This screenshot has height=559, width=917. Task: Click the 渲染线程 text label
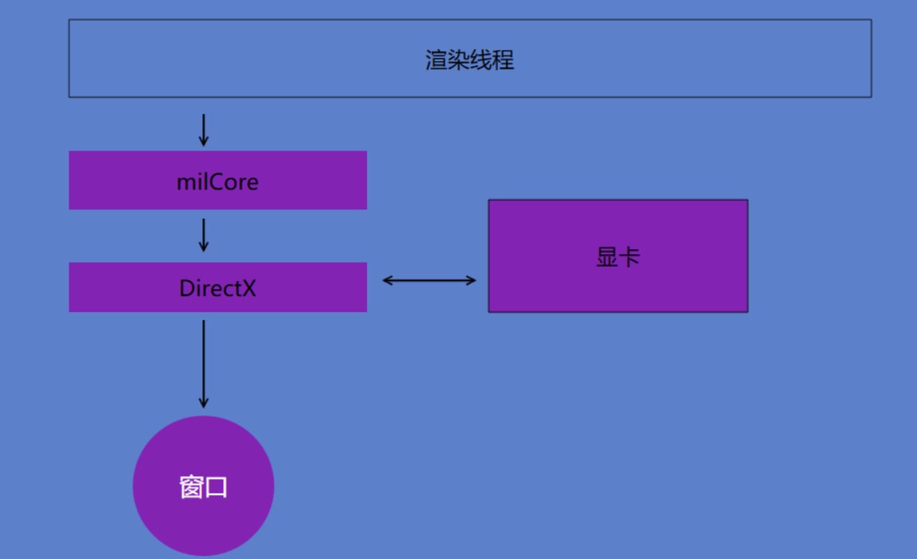point(470,61)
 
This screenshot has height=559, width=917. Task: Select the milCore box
point(218,180)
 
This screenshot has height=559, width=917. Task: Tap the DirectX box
point(218,287)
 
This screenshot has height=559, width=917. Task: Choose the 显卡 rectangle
point(618,256)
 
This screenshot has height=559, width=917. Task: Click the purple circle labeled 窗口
point(203,486)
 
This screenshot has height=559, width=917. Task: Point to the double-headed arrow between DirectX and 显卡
point(429,280)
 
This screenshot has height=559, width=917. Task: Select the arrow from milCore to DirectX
point(203,235)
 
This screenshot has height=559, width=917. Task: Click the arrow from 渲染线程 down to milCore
point(203,130)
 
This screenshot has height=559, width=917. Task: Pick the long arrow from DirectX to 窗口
point(203,363)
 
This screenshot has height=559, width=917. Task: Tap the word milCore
point(218,182)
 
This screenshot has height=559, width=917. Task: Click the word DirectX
point(218,288)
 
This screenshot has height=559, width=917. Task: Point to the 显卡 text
point(618,257)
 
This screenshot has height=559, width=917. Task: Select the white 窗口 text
point(203,487)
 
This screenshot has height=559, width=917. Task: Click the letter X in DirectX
point(249,288)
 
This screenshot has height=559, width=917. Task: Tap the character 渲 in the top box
point(436,61)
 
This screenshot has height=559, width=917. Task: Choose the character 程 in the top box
point(503,61)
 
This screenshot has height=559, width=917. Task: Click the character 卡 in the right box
point(630,257)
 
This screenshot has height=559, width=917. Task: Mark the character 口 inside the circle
point(216,488)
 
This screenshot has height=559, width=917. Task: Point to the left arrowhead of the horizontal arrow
point(388,280)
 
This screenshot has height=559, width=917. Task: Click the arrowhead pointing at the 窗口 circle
point(203,403)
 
